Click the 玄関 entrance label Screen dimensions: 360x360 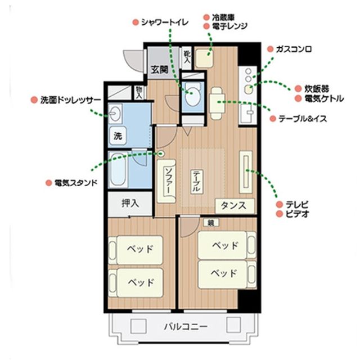(159, 69)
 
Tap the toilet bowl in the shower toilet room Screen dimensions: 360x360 (192, 95)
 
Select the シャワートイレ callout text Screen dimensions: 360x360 (165, 22)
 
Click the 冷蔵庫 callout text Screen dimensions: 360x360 (223, 17)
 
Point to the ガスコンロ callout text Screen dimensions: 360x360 (294, 49)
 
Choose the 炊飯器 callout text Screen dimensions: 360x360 (317, 89)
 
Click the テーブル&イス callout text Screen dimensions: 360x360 (303, 119)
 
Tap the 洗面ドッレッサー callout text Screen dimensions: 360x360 (71, 100)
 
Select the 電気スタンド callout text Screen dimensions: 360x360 (76, 183)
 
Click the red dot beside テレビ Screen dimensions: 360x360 (280, 204)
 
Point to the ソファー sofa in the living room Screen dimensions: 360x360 (166, 181)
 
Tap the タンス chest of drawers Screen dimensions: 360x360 (235, 206)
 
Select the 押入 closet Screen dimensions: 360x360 (130, 204)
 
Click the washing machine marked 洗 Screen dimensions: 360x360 (118, 136)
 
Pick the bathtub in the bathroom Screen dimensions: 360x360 (118, 169)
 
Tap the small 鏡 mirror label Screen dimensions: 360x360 (211, 222)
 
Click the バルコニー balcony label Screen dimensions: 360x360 (186, 326)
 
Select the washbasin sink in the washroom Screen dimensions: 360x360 (115, 114)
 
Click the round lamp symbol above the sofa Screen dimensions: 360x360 (161, 154)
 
